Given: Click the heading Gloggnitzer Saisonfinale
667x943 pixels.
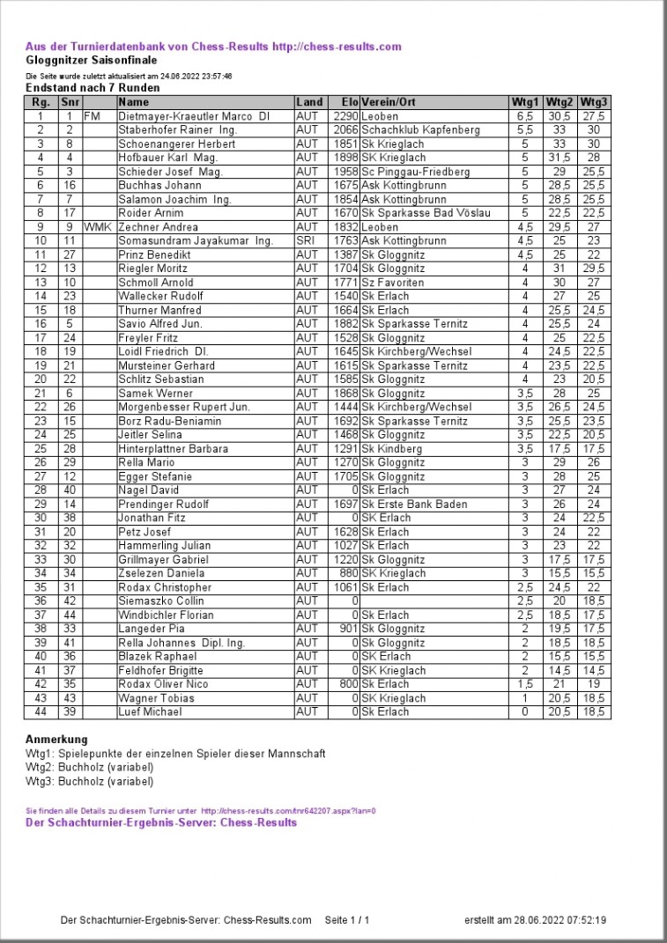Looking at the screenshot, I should (x=92, y=60).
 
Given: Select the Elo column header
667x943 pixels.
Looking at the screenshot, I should (x=347, y=102).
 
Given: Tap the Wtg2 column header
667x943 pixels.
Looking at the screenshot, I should (x=559, y=102).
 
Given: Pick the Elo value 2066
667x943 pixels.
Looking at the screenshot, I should (x=345, y=130).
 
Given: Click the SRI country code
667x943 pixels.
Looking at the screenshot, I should (x=306, y=240).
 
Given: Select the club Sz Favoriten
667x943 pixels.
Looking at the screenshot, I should (x=392, y=283).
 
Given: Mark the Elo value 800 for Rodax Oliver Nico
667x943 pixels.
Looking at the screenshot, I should (x=349, y=684).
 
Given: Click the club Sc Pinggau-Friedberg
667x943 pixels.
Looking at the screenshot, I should (x=415, y=172).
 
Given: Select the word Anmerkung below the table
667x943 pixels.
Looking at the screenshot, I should (x=56, y=740).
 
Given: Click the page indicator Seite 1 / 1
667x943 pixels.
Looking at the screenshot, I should (x=347, y=920).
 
